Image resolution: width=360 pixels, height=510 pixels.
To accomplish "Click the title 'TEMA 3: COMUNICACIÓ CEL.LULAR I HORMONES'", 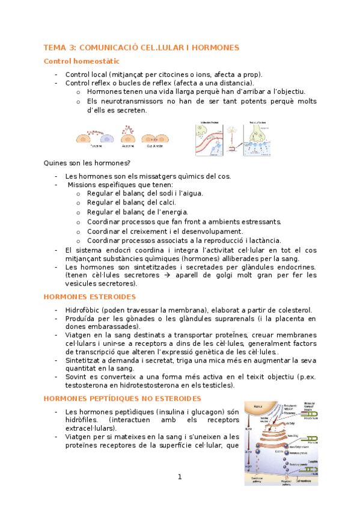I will tap(141, 48).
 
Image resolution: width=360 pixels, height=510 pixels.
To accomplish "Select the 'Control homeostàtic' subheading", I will tap(82, 61).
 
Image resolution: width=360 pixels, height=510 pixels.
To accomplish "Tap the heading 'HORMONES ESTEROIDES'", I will tap(90, 296).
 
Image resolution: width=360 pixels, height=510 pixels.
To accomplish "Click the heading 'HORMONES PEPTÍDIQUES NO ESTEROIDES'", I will tap(123, 399).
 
